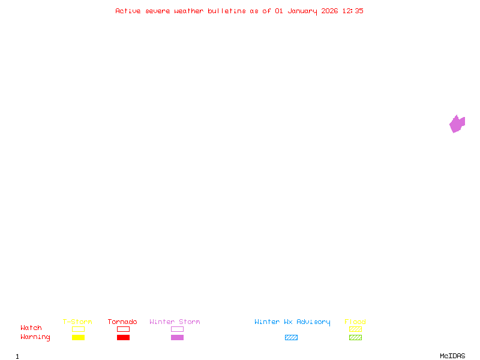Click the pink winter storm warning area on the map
pos(457,124)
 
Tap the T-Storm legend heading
pos(77,322)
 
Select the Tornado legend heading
pos(122,322)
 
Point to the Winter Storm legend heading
pos(175,322)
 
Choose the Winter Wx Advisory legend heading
pos(292,322)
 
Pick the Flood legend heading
pos(355,322)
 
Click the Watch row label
pos(31,328)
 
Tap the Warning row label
pos(35,337)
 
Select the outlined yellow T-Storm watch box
pos(78,329)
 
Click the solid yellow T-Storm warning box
pos(78,338)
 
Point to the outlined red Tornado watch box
pos(123,329)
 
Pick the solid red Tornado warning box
pos(123,338)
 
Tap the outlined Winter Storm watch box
pos(177,329)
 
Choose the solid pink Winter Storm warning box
pos(177,338)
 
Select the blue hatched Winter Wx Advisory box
pos(291,338)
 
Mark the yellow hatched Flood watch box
pos(355,329)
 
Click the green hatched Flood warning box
pos(355,338)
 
